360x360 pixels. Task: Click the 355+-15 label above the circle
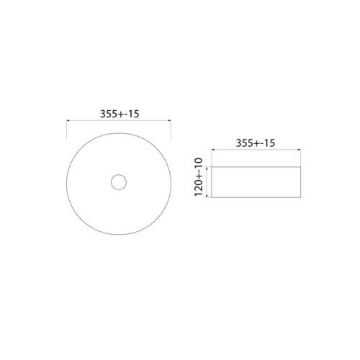[118, 113]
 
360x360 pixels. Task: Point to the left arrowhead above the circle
[68, 122]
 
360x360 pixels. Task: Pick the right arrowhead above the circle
[167, 122]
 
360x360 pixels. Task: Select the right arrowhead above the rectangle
[301, 153]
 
